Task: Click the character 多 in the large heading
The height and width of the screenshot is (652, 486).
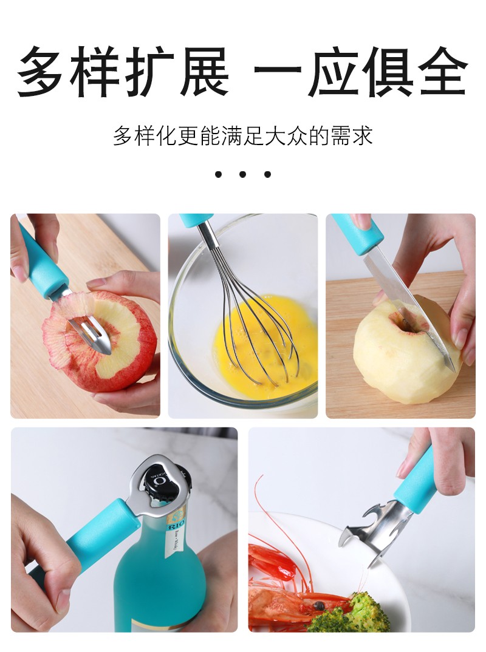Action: click(40, 71)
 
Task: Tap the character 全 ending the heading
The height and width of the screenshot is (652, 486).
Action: click(443, 71)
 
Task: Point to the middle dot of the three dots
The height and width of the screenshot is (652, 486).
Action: click(243, 174)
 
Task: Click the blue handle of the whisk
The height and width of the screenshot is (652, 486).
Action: click(197, 220)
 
